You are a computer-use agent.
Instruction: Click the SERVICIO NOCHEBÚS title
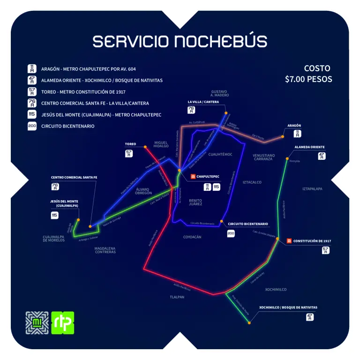[x=180, y=41]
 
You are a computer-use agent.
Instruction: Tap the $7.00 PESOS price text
[x=308, y=79]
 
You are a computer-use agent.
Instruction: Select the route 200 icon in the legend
[x=32, y=126]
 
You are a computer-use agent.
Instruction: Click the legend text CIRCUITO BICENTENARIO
[x=68, y=126]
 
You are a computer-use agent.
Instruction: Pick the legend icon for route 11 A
[x=32, y=68]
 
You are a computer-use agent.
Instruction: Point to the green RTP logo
[x=62, y=322]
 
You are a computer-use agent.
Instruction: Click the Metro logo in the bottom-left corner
[x=37, y=322]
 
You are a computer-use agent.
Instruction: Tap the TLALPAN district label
[x=177, y=297]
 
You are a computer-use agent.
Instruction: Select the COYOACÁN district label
[x=192, y=237]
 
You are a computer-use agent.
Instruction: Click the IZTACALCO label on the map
[x=252, y=182]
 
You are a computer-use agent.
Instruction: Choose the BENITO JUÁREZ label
[x=195, y=202]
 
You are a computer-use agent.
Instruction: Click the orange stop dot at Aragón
[x=283, y=137]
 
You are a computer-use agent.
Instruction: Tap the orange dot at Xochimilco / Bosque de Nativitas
[x=249, y=322]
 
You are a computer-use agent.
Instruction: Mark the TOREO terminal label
[x=130, y=144]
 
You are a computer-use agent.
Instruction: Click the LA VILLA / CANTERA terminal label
[x=203, y=102]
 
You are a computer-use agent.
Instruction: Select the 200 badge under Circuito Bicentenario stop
[x=231, y=233]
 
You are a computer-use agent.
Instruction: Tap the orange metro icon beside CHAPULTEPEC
[x=192, y=177]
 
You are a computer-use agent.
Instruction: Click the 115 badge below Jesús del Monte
[x=55, y=215]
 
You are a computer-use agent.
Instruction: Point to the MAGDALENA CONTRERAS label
[x=105, y=250]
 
